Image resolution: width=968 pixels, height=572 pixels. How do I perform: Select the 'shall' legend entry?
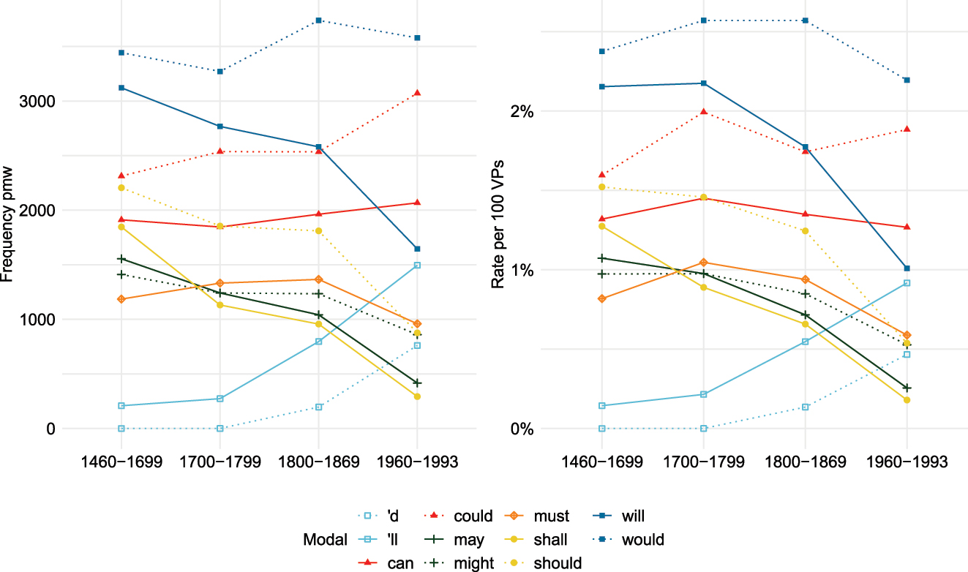pyautogui.click(x=549, y=540)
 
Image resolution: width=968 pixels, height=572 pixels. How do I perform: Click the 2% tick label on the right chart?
pyautogui.click(x=522, y=112)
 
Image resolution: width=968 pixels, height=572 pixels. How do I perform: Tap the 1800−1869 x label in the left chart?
pyautogui.click(x=318, y=462)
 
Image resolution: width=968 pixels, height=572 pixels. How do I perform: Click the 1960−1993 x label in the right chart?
pyautogui.click(x=907, y=462)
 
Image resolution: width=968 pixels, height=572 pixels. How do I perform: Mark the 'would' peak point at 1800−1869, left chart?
pyautogui.click(x=318, y=20)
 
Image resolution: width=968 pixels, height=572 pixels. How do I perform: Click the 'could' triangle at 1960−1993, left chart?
pyautogui.click(x=417, y=93)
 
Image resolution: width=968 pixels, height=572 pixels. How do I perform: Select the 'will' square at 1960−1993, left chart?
pyautogui.click(x=417, y=249)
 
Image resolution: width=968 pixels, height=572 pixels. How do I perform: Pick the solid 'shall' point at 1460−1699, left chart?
pyautogui.click(x=121, y=227)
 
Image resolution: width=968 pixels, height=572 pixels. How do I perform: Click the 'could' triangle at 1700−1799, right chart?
pyautogui.click(x=703, y=112)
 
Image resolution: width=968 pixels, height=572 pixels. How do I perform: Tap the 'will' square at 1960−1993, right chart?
pyautogui.click(x=907, y=268)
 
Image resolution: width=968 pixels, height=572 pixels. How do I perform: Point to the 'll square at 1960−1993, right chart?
pyautogui.click(x=907, y=282)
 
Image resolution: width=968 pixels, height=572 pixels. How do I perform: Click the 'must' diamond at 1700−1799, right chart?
pyautogui.click(x=703, y=263)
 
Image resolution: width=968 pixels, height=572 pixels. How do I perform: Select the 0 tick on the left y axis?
pyautogui.click(x=50, y=429)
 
